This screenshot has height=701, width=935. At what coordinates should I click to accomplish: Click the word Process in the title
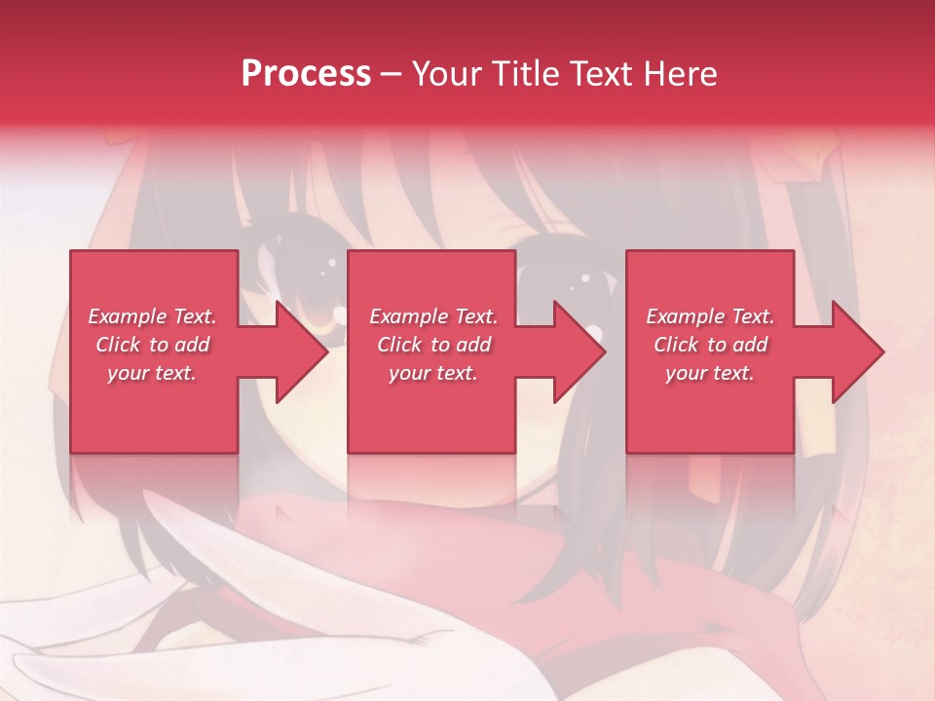coord(306,74)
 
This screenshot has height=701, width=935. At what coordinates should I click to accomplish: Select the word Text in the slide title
coord(599,74)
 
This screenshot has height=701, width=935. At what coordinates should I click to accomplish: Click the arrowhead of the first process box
coord(302,351)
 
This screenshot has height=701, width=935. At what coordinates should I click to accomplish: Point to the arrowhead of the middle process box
coord(580,351)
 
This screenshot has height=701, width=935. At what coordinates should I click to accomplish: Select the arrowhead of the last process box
coord(858,351)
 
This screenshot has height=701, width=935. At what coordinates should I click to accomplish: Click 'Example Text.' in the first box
coord(152,316)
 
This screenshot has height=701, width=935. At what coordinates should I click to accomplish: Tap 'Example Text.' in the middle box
coord(433,316)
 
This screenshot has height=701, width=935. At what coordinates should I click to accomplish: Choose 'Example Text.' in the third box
coord(710,316)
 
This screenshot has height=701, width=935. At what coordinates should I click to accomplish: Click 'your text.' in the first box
coord(152,373)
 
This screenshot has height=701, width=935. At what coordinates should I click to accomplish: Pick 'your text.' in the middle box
coord(433,373)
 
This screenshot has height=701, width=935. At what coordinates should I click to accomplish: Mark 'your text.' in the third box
coord(710,373)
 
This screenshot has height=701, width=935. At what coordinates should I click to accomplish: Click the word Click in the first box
coord(118,345)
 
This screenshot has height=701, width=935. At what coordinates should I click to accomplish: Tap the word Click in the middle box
coord(399,345)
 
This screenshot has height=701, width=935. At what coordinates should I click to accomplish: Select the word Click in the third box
coord(676,345)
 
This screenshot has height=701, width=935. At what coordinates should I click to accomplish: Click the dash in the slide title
coord(392,74)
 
